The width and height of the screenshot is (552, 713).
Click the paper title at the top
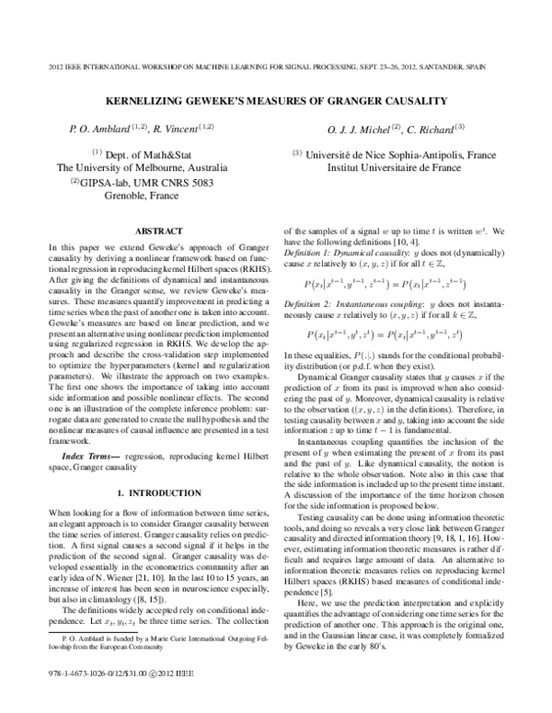276,100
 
